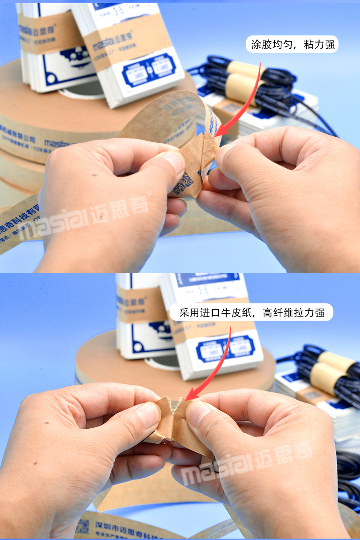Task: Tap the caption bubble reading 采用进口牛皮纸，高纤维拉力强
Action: click(251, 313)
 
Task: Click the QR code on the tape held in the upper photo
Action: click(183, 183)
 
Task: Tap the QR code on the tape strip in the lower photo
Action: click(82, 526)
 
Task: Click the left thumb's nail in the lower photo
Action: click(149, 415)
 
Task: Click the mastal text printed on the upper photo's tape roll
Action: click(57, 145)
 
